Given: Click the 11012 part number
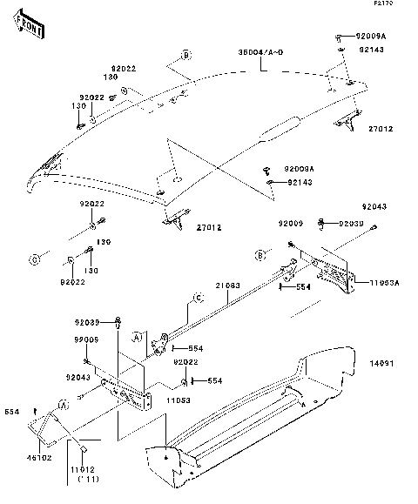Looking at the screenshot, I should [83, 467].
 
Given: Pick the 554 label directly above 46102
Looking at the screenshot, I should [11, 412].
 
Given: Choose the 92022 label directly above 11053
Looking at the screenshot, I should [185, 361].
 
